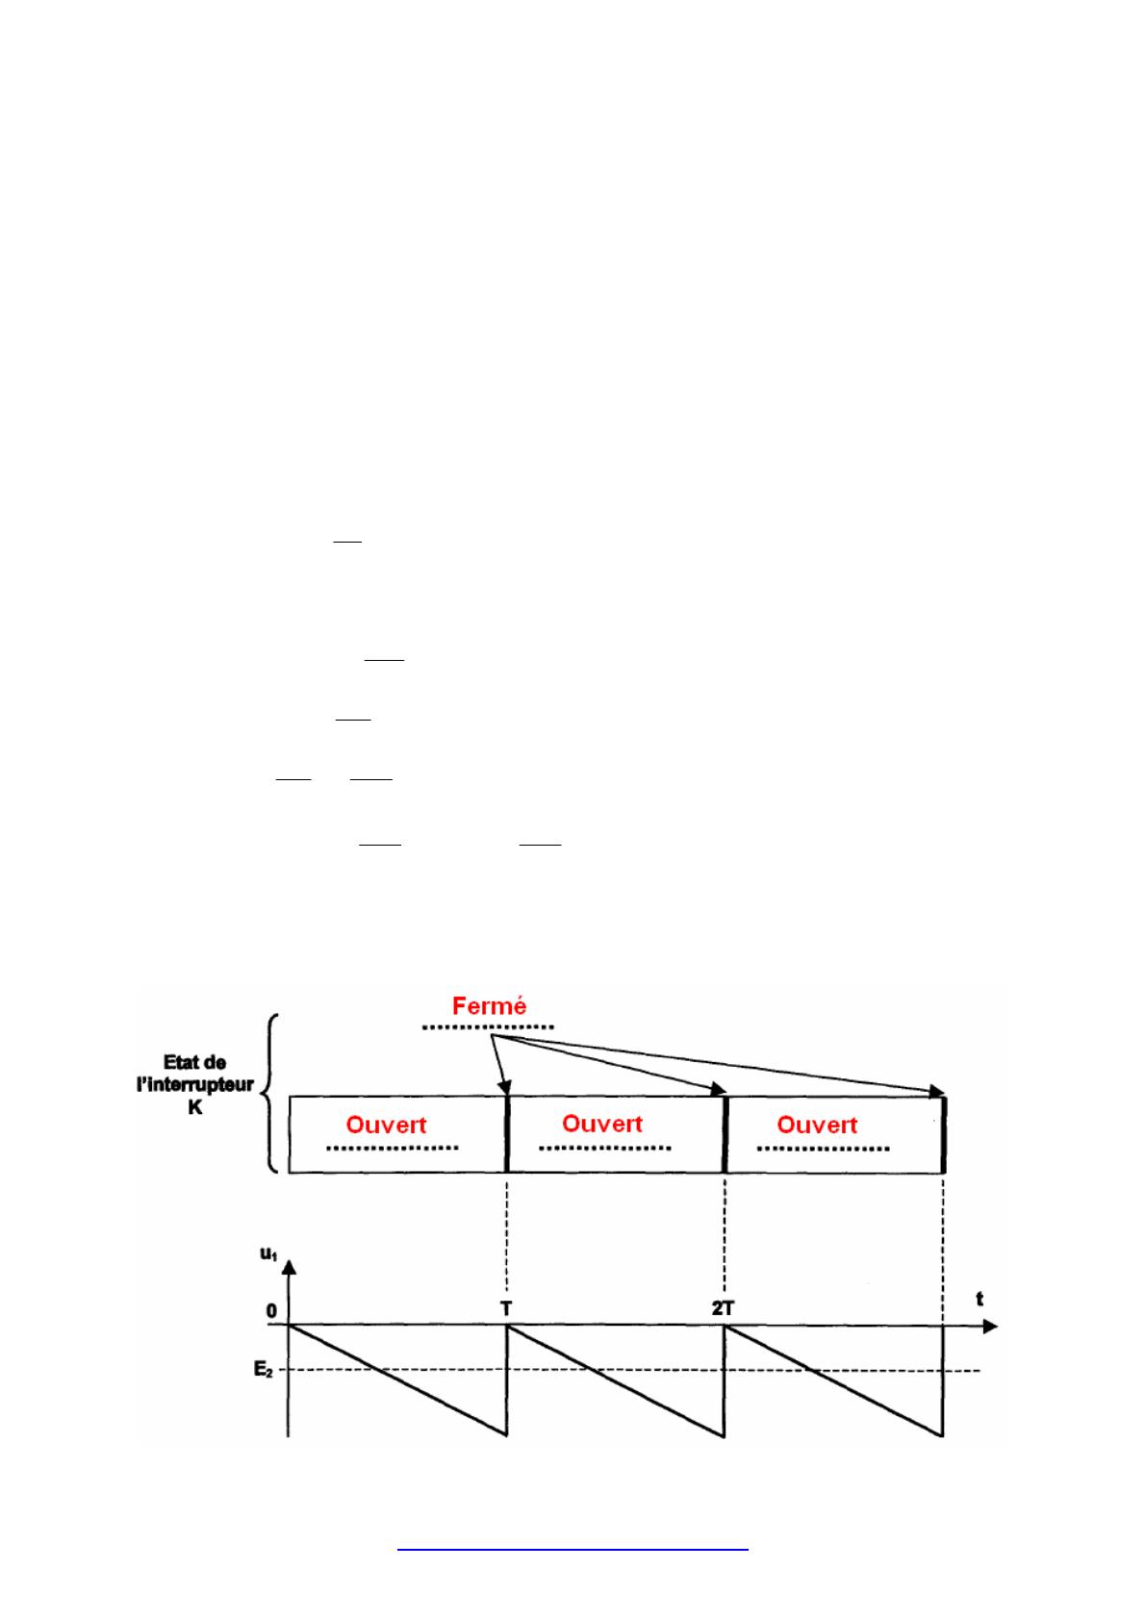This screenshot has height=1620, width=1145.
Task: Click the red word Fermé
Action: coord(489,1006)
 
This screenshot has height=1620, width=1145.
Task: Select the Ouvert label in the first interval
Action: coord(386,1126)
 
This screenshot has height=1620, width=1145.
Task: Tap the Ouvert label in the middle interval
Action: coord(601,1124)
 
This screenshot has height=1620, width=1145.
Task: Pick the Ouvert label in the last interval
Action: coord(817,1126)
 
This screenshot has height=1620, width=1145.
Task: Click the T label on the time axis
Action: coord(506,1308)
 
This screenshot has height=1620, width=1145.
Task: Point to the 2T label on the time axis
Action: coord(723,1308)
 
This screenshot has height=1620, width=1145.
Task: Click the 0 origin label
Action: coord(271,1310)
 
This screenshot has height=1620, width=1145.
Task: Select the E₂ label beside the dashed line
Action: coord(264,1370)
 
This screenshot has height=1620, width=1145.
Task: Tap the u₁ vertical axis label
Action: coord(268,1253)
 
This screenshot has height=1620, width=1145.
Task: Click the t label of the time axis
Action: coord(980,1299)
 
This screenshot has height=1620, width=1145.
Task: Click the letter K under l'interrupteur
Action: coord(195,1107)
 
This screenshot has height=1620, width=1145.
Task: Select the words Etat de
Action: coord(194,1062)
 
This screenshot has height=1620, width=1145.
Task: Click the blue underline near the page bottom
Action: coord(572,1550)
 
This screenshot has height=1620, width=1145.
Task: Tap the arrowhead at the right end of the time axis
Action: coord(990,1327)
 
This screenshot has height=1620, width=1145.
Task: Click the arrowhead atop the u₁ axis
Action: coord(290,1267)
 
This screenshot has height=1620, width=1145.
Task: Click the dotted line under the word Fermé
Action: coord(488,1026)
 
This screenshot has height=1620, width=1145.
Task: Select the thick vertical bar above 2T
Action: coord(724,1134)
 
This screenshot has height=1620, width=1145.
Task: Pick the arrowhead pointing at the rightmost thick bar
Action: coord(937,1091)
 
